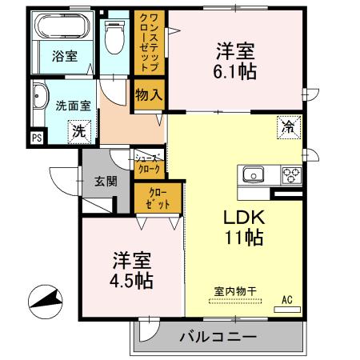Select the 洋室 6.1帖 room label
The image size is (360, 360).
(x=234, y=61)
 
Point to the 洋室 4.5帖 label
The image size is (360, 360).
(x=130, y=271)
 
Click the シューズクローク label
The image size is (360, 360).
(x=150, y=163)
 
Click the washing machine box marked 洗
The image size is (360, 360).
(x=79, y=130)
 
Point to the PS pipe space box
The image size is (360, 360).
(x=36, y=138)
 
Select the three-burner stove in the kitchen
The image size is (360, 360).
(x=290, y=174)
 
